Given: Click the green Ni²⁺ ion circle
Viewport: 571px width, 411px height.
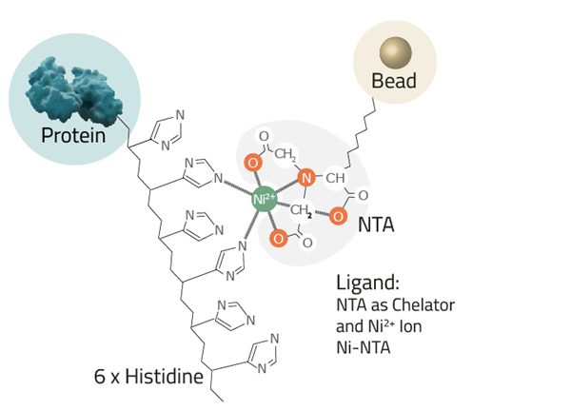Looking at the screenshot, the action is pos(265,199).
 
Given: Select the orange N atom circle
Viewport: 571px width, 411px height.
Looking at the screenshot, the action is pos(306,178).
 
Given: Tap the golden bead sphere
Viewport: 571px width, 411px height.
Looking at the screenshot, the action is pos(396,52).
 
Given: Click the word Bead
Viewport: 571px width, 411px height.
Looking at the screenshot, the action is pos(394,81).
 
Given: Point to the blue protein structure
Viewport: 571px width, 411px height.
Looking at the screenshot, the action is pos(74,89).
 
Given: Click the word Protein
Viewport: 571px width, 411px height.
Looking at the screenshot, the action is pos(73,135).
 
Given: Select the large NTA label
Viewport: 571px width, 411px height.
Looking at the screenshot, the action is pos(376,225).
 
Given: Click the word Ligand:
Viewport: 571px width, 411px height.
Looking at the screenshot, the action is pos(367,283).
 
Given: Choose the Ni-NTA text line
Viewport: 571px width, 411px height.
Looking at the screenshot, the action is pos(364,347).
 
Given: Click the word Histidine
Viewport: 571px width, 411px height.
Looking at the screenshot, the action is pos(165,376).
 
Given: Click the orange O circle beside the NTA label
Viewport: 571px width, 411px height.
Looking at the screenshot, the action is pos(338,217).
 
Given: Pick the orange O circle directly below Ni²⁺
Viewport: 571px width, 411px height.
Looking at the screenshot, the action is pos(279,239).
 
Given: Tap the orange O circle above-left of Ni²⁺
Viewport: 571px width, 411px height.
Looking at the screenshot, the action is pos(253,163).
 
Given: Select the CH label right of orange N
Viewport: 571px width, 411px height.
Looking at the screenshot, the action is pos(335,178).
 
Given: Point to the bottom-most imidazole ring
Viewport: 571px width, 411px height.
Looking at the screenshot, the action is pos(263,354).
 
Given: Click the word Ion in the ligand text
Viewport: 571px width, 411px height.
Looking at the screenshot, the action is pos(411,326).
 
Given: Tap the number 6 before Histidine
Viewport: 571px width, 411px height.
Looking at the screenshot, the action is pos(99,377).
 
